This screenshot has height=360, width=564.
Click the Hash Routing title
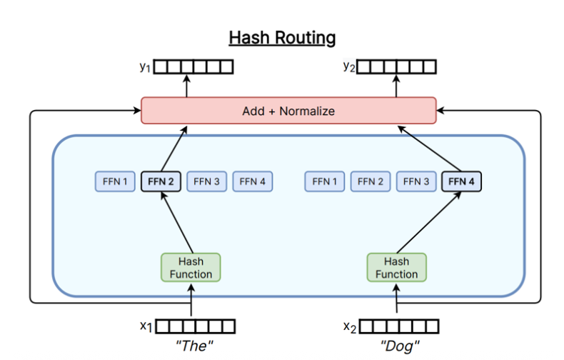[282, 37]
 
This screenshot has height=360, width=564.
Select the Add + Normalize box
[288, 111]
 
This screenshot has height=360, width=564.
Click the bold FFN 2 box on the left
[161, 181]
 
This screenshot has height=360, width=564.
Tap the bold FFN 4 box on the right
[461, 181]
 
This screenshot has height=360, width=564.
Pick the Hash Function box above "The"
[191, 267]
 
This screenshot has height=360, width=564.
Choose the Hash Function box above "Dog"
[396, 267]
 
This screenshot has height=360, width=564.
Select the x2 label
[349, 327]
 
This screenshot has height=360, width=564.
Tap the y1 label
[146, 67]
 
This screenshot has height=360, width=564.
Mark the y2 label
[348, 67]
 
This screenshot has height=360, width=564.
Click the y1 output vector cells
[194, 68]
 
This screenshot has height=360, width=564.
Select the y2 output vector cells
[396, 68]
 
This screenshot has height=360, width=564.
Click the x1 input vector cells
[196, 327]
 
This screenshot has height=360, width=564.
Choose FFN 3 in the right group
[416, 181]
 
